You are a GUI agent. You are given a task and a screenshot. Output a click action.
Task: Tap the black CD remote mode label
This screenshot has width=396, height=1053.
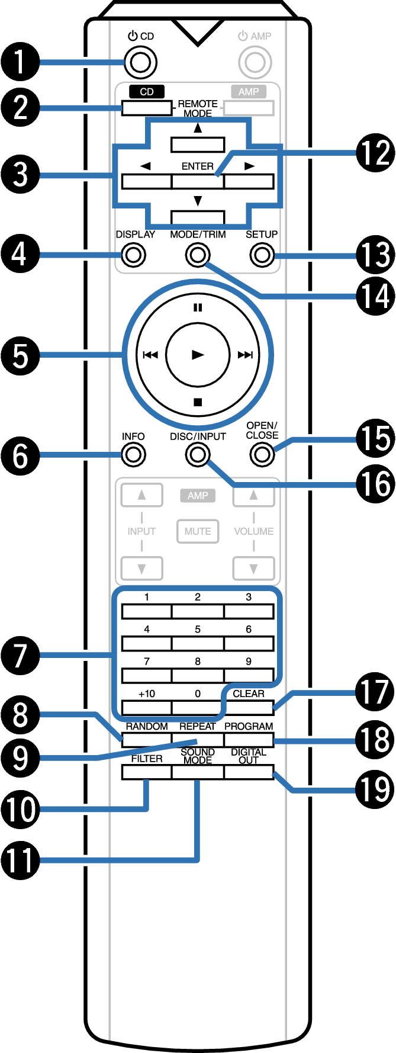147,92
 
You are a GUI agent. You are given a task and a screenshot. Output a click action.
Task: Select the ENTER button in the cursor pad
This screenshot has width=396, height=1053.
198,181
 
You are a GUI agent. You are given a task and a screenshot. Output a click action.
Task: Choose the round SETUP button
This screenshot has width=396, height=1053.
262,255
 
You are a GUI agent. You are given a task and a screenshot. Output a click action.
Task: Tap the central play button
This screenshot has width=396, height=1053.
198,355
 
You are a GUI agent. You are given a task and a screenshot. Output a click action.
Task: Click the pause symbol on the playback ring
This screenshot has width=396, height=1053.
198,307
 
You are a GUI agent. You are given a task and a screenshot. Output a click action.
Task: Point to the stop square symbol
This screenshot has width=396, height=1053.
198,402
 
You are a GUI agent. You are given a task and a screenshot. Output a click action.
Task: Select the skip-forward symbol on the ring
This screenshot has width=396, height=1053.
245,355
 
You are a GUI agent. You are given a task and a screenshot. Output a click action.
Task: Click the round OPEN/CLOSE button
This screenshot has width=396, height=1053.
262,455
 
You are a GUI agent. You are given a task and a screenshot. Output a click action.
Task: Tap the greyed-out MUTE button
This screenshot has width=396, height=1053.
198,531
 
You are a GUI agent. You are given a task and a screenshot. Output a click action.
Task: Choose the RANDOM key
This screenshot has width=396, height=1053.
146,739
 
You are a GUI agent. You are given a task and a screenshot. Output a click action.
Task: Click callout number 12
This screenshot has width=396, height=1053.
375,153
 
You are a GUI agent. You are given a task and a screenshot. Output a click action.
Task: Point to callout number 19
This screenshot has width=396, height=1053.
375,789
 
